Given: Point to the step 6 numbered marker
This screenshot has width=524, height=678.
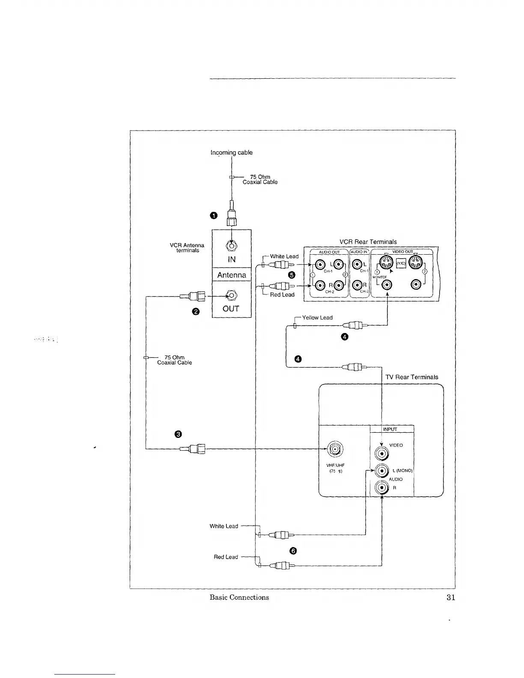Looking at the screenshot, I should click(x=293, y=551).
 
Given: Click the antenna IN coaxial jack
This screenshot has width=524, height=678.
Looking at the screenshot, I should click(x=231, y=246).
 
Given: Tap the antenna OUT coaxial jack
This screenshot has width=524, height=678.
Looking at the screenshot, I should click(x=231, y=295).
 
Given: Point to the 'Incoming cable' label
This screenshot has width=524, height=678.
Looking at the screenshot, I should click(x=232, y=152).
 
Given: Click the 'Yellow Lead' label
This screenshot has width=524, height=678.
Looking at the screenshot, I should click(x=317, y=318).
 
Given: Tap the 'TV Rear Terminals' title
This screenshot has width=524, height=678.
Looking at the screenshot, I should click(x=412, y=377).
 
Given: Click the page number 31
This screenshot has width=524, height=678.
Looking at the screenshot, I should click(x=450, y=598).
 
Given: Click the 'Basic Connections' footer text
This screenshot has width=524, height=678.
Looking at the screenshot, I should click(x=239, y=598).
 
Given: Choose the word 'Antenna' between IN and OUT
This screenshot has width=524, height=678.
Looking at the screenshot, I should click(x=232, y=275).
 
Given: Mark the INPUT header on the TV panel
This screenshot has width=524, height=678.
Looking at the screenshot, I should click(x=390, y=429).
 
